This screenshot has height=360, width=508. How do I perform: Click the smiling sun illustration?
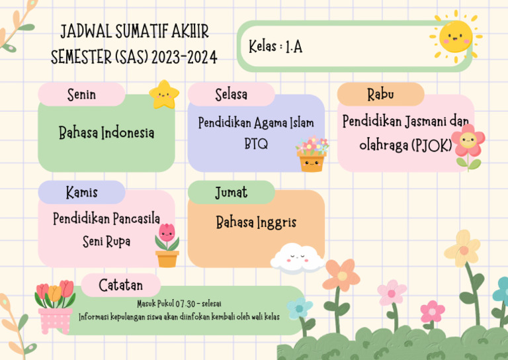tap(455, 36)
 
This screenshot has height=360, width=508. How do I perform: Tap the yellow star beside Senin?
tap(163, 95)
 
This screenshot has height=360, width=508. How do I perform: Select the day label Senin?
tap(81, 95)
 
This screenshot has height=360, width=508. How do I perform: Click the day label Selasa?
tap(231, 95)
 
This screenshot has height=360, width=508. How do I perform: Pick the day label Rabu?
tap(380, 95)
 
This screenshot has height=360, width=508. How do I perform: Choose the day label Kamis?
tap(81, 193)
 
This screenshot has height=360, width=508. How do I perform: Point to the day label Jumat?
tap(231, 193)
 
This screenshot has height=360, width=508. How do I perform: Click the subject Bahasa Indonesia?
tap(106, 133)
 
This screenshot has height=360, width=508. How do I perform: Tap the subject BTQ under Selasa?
tap(256, 144)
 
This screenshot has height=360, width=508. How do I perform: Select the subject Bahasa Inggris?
tap(256, 222)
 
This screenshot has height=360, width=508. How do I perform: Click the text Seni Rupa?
tap(106, 242)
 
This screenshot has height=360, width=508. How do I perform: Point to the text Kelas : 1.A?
tap(276, 47)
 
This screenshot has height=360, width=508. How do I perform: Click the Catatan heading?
tap(120, 285)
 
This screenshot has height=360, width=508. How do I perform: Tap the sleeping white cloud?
tap(296, 259)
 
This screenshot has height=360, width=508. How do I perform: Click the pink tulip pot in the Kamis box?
tap(167, 246)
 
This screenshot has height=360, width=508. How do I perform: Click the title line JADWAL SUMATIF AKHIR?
tap(134, 32)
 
